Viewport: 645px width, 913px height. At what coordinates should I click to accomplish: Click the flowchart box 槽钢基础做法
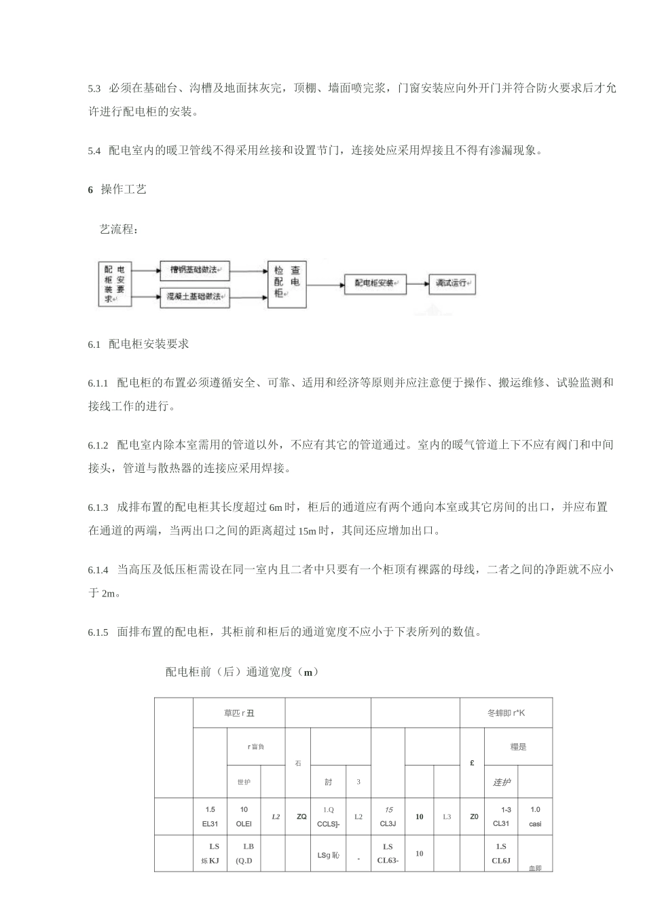click(x=195, y=270)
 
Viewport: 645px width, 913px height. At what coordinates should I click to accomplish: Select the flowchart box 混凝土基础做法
click(x=195, y=297)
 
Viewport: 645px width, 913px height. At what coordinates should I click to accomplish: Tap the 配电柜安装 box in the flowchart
click(x=374, y=283)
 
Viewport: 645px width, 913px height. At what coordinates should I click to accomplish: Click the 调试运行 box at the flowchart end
click(x=451, y=283)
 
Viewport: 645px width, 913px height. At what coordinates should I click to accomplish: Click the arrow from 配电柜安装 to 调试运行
click(x=417, y=283)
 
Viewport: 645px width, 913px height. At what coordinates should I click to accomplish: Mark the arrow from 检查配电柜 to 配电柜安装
click(x=326, y=283)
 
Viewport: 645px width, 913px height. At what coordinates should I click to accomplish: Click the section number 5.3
click(x=94, y=89)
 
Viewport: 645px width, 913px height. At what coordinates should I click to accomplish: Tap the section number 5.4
click(x=94, y=151)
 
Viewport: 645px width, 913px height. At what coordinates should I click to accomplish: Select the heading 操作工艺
click(x=124, y=190)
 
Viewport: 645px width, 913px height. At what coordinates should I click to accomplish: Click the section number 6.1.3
click(x=98, y=507)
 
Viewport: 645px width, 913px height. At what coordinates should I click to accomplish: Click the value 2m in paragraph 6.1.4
click(x=109, y=594)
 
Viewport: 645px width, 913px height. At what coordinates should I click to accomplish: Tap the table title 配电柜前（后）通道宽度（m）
click(x=242, y=673)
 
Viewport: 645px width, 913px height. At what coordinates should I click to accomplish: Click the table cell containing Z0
click(x=473, y=817)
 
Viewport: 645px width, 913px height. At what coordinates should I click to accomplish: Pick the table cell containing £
click(x=472, y=764)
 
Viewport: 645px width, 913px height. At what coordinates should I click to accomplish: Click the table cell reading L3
click(x=447, y=817)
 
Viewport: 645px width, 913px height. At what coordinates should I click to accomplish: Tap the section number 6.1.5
click(x=98, y=632)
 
